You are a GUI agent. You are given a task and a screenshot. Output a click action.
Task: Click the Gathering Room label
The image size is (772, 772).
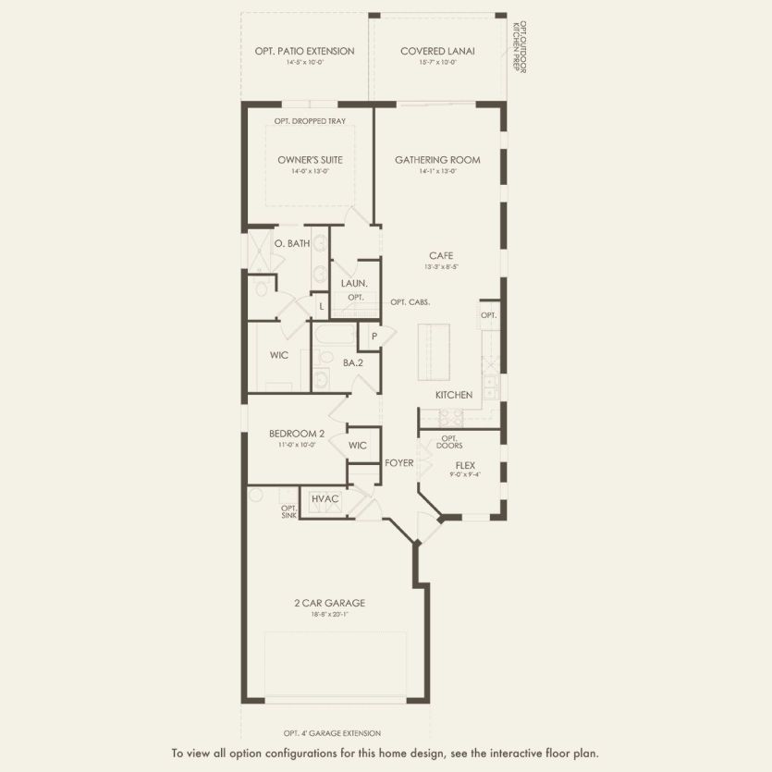click(437, 160)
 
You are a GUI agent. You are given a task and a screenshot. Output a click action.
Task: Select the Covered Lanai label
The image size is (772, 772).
click(437, 51)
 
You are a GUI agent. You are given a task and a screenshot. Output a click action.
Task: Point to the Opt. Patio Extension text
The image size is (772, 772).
click(304, 51)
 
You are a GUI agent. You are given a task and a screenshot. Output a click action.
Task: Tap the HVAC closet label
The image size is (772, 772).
click(325, 499)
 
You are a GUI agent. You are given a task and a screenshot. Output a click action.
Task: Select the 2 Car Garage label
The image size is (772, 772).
click(330, 603)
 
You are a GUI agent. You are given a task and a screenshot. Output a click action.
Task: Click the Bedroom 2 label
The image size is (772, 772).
click(297, 434)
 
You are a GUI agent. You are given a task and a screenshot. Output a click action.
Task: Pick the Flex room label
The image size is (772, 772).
click(465, 465)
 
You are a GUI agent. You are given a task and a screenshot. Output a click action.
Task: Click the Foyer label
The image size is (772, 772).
click(399, 462)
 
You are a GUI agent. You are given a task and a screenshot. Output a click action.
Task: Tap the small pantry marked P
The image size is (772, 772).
click(374, 337)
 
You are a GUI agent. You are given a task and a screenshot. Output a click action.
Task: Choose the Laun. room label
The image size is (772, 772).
click(355, 284)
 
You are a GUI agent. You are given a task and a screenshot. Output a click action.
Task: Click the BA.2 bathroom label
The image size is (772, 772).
click(352, 364)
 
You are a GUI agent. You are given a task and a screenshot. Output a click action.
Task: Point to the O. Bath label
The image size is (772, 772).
click(291, 243)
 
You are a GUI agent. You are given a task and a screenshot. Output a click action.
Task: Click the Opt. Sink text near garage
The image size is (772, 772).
click(288, 511)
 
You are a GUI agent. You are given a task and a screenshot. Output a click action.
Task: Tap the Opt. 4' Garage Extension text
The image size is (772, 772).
click(332, 732)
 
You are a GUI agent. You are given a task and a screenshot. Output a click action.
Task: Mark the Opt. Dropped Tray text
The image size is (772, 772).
click(309, 121)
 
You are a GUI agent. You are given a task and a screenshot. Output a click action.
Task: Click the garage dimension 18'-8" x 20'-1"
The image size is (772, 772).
click(330, 614)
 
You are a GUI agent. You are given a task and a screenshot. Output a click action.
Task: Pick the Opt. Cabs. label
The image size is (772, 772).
click(410, 302)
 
